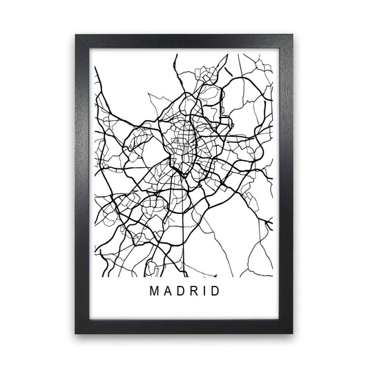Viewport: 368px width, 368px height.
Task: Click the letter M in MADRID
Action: (x=153, y=291)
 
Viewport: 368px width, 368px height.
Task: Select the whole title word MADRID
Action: (x=184, y=291)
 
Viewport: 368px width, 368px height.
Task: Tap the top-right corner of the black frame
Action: (x=292, y=34)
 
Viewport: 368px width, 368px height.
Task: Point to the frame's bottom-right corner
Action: (x=292, y=333)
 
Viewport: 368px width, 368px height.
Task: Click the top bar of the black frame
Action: (x=184, y=41)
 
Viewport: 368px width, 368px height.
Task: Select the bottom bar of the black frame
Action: (x=184, y=327)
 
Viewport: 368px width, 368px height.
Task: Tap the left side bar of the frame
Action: (x=84, y=184)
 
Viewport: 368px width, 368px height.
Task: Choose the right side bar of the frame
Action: (x=284, y=184)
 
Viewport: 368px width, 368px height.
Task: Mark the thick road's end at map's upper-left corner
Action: (x=96, y=67)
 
